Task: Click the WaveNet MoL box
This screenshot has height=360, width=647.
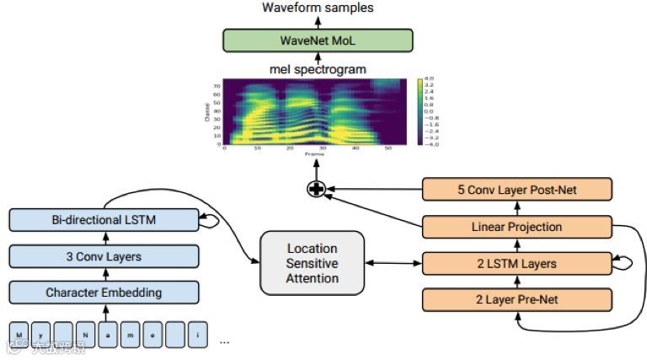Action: [x=318, y=40]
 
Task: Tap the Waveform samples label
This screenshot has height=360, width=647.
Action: [x=318, y=8]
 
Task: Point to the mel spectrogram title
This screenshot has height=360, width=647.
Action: [x=318, y=69]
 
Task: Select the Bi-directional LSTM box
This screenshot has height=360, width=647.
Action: [x=104, y=221]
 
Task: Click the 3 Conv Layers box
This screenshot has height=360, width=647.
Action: [x=104, y=256]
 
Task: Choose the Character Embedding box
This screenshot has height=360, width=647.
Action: [x=104, y=293]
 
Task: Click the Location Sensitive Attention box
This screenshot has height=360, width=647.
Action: [x=313, y=263]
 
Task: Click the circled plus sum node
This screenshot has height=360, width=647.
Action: [x=315, y=189]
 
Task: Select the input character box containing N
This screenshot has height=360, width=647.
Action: [x=85, y=335]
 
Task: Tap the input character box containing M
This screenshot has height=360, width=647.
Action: [x=19, y=335]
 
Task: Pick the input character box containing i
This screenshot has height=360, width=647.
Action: [x=197, y=335]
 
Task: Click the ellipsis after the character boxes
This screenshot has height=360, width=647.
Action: [x=224, y=341]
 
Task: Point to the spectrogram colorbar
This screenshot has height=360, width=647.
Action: [x=420, y=111]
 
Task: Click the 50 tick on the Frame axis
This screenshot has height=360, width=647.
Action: [x=386, y=148]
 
